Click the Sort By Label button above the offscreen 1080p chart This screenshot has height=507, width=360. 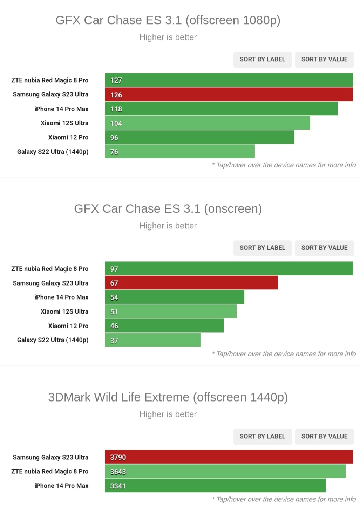[262, 60]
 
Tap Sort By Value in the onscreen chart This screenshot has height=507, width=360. [324, 248]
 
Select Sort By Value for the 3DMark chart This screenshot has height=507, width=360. [324, 437]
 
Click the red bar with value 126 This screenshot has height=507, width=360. [229, 95]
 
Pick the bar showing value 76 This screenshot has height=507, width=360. [180, 152]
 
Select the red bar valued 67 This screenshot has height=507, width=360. [191, 283]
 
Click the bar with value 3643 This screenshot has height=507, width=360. [225, 472]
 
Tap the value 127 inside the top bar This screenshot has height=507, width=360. [116, 80]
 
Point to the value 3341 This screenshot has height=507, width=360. [118, 486]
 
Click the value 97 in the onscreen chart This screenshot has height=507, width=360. [114, 269]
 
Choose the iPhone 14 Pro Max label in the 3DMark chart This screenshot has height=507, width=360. [61, 486]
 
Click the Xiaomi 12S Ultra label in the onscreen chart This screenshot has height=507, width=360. [64, 311]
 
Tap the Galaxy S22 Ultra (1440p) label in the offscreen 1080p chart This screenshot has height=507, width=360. [53, 152]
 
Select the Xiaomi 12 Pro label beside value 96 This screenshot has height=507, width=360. [68, 137]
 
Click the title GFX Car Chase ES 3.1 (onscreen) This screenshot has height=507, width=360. [168, 209]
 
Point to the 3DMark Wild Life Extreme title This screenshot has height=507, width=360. [168, 397]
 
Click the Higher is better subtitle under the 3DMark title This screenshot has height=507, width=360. [168, 414]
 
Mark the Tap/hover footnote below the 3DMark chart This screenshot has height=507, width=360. [284, 499]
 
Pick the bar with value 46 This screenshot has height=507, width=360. [164, 326]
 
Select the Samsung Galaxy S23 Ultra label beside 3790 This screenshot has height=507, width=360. [50, 457]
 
